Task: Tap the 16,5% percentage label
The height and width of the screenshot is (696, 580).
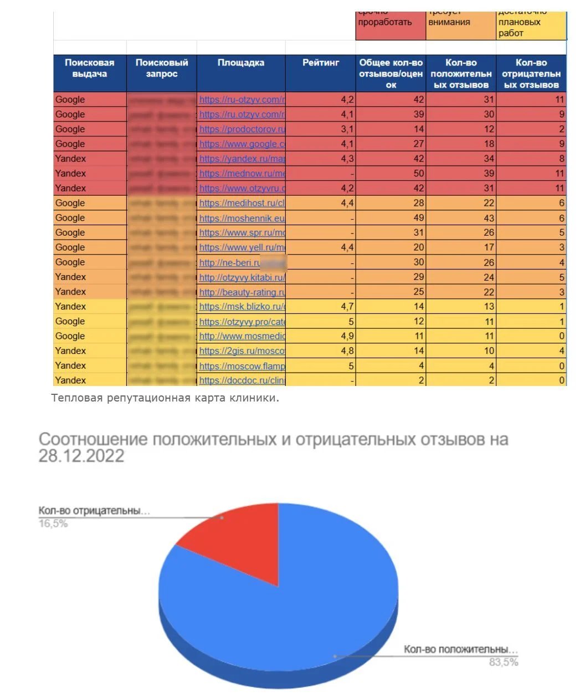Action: pyautogui.click(x=53, y=524)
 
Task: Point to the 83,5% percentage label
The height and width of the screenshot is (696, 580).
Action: pyautogui.click(x=503, y=662)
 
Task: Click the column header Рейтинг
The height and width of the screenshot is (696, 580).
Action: pyautogui.click(x=320, y=63)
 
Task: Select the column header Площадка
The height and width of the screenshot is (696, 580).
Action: pyautogui.click(x=240, y=63)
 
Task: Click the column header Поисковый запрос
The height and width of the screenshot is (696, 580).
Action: pyautogui.click(x=161, y=68)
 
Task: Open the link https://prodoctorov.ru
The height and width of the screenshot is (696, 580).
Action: pyautogui.click(x=242, y=129)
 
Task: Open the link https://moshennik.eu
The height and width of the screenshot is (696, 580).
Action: pyautogui.click(x=242, y=218)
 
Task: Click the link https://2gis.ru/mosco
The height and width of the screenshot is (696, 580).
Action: pyautogui.click(x=242, y=351)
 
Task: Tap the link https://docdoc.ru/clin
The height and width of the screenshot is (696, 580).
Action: pyautogui.click(x=242, y=380)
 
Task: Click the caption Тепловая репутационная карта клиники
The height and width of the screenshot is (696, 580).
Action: pyautogui.click(x=165, y=398)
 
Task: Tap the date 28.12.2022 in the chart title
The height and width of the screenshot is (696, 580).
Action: pyautogui.click(x=81, y=456)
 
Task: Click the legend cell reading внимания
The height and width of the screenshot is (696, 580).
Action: pyautogui.click(x=449, y=23)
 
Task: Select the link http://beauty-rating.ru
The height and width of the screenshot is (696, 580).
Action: pyautogui.click(x=242, y=292)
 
